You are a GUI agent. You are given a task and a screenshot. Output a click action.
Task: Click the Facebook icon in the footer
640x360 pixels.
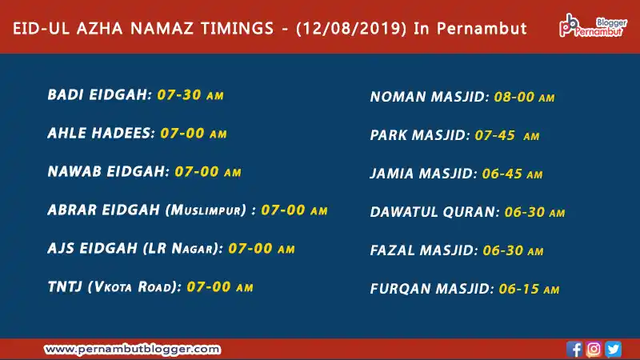574,350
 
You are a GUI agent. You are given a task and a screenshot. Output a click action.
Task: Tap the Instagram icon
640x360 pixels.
594,350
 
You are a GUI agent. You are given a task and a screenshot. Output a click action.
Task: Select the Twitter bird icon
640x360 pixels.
613,350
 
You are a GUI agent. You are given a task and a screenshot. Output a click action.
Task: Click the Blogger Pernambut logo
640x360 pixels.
593,26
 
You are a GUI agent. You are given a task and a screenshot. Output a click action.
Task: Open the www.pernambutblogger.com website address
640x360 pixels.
132,350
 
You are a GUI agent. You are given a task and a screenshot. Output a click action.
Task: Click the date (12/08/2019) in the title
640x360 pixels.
351,29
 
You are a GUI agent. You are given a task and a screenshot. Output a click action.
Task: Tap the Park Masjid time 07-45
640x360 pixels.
494,135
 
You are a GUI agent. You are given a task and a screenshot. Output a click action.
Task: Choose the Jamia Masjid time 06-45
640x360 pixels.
502,174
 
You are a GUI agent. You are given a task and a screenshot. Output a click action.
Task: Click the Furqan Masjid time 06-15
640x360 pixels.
519,289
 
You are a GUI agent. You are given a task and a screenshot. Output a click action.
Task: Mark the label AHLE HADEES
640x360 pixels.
99,133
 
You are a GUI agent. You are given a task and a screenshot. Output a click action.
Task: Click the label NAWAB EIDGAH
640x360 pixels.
106,171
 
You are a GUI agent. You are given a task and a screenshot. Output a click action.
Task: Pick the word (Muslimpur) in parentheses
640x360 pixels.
206,210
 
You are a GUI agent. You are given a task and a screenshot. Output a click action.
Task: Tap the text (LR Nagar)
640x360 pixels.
182,248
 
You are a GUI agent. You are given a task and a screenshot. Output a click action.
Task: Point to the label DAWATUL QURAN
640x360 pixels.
433,212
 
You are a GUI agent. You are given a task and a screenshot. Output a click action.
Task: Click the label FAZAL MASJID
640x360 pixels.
422,250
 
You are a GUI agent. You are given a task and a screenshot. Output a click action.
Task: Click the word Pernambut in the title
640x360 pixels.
482,29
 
